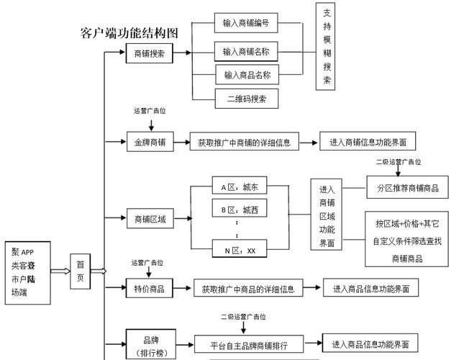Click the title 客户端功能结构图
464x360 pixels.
click(129, 33)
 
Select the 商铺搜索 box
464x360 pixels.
click(150, 53)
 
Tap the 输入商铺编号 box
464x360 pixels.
click(246, 23)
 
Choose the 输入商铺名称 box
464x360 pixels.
click(246, 52)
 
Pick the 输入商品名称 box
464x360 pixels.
click(247, 75)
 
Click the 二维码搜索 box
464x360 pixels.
click(247, 99)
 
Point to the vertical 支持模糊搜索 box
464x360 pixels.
click(327, 46)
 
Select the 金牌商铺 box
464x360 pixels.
click(150, 143)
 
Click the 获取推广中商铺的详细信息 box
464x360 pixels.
click(244, 143)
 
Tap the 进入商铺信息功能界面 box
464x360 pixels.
click(368, 143)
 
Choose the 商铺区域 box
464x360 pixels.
click(150, 219)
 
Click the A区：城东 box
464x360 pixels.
click(240, 186)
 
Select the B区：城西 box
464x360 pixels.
click(240, 210)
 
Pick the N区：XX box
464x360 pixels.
click(240, 251)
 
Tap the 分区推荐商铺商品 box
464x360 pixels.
click(407, 189)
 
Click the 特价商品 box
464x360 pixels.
click(150, 289)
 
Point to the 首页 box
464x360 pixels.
click(80, 271)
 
